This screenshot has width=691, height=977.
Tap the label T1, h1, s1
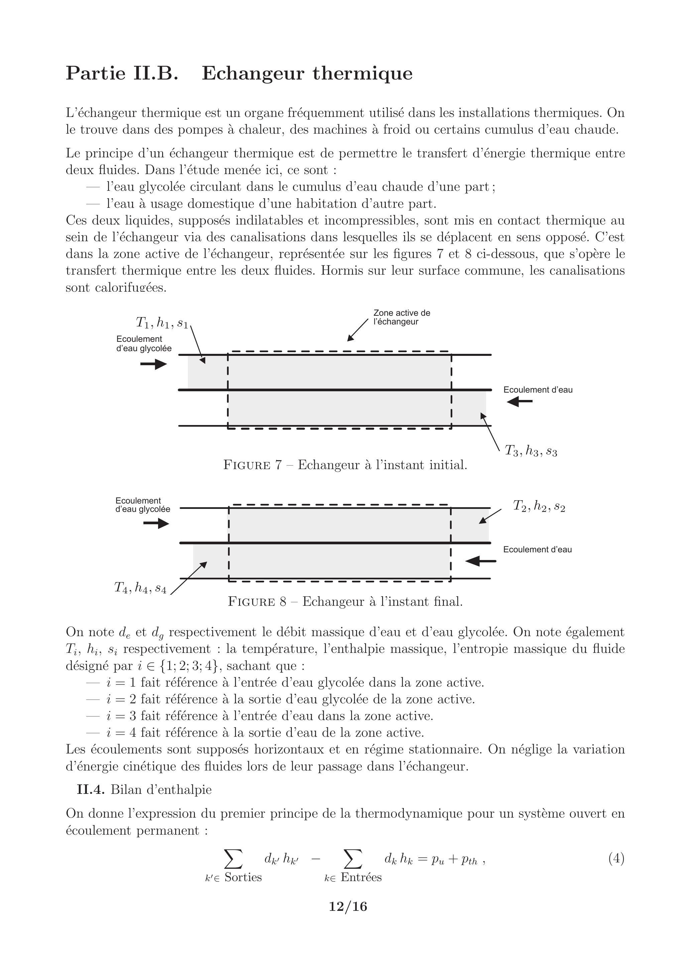[162, 323]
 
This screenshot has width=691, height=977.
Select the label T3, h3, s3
[531, 450]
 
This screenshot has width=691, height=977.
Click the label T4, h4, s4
[140, 588]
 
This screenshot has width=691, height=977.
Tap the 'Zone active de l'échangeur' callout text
[401, 317]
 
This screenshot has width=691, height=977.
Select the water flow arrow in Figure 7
[520, 401]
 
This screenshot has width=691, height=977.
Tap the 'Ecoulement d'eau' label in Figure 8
[537, 549]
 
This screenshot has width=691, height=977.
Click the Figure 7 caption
[345, 465]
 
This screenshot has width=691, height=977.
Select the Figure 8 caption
[345, 602]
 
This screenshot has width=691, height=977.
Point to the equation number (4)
[616, 859]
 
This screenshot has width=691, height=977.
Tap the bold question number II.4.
[92, 790]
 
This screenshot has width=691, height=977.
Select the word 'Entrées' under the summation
[361, 877]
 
